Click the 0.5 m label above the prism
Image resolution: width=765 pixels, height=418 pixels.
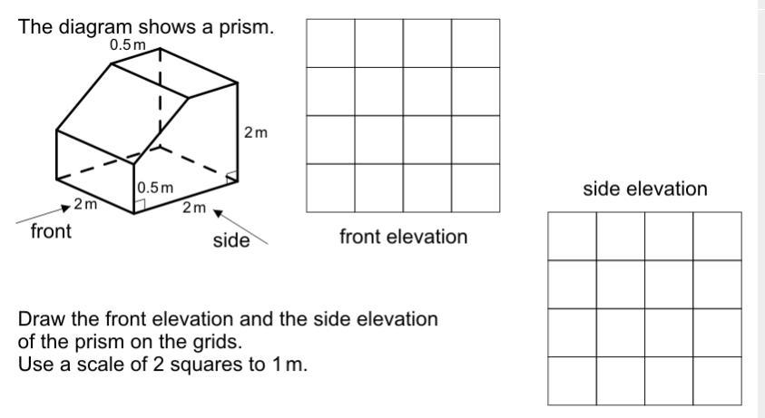click(x=128, y=44)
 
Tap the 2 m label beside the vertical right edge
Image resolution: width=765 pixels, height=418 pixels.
click(x=256, y=132)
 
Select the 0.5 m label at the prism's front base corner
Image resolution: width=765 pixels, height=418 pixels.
click(x=154, y=188)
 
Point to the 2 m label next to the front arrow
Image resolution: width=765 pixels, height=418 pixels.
click(x=86, y=205)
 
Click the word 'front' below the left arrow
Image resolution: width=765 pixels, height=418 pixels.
click(x=51, y=231)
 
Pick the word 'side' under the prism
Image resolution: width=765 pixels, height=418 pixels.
click(x=231, y=241)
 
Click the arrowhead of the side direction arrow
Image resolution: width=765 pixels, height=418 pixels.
click(x=218, y=214)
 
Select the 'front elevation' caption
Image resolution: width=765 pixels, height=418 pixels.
click(x=403, y=237)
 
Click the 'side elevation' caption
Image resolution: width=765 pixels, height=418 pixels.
click(x=644, y=189)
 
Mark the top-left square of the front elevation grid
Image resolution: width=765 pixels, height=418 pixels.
click(x=330, y=43)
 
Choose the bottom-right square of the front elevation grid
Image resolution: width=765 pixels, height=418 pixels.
click(x=476, y=188)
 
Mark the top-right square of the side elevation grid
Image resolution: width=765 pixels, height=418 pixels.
click(x=718, y=236)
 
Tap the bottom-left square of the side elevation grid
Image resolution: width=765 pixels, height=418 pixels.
click(x=573, y=381)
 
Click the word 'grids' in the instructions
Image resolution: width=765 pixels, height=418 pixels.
click(x=218, y=344)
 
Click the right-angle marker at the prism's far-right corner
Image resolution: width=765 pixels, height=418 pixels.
click(x=232, y=176)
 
